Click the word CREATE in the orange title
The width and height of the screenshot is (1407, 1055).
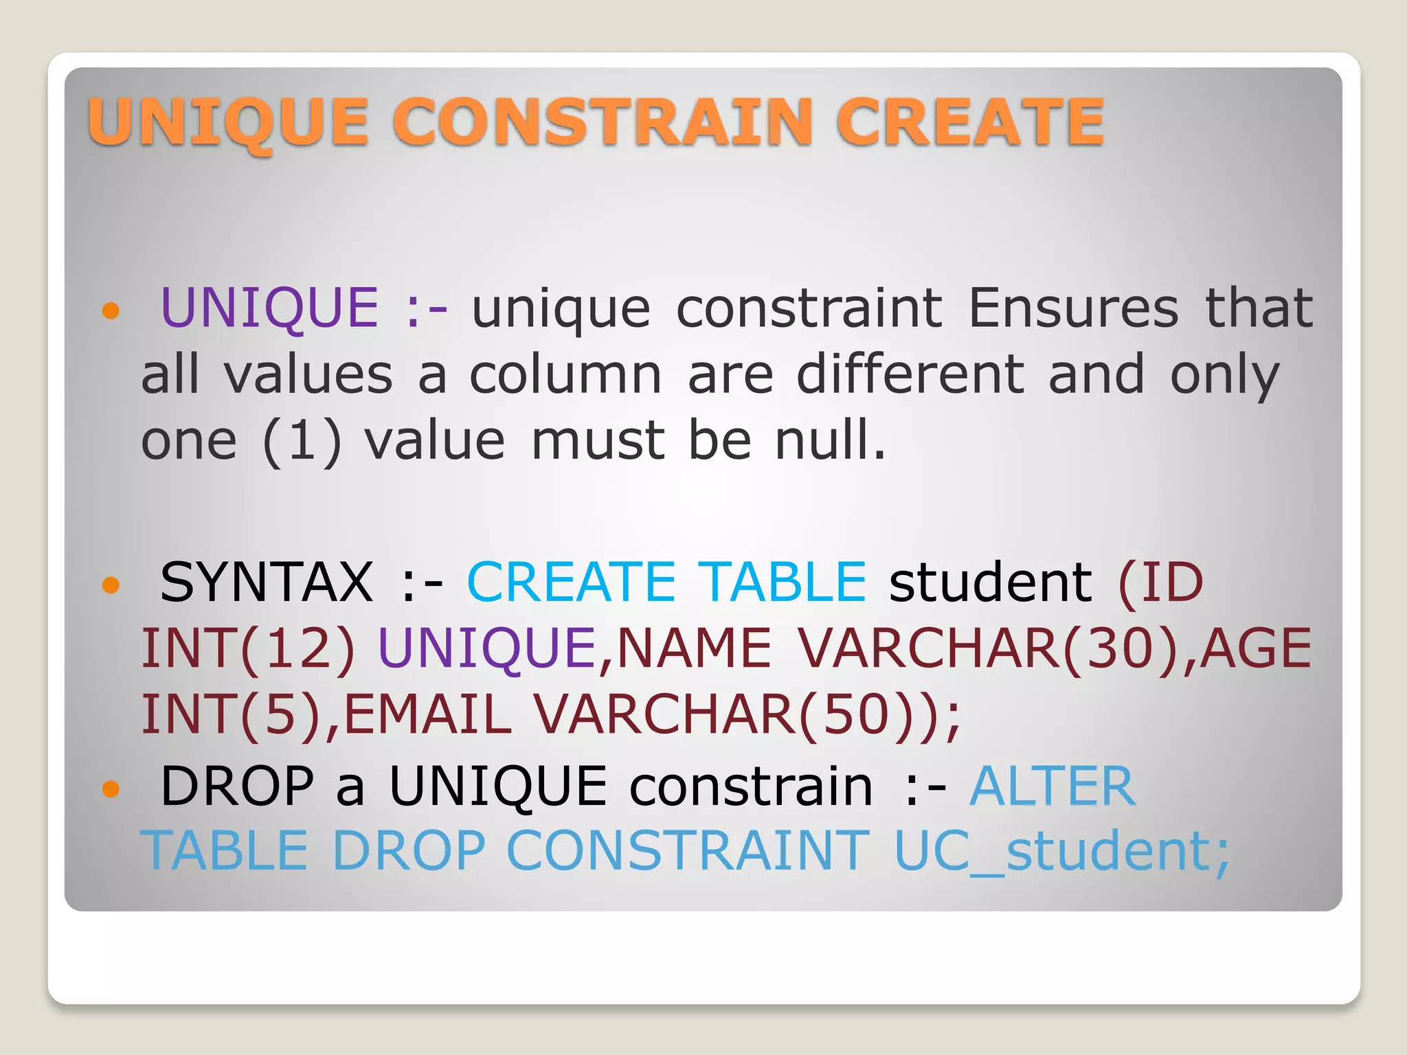tap(970, 122)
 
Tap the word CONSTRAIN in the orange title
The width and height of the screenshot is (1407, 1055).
tap(603, 122)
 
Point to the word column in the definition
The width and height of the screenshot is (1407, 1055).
tap(565, 375)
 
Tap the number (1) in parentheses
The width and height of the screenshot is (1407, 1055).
tap(302, 441)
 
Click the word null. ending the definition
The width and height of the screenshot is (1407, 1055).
tap(831, 441)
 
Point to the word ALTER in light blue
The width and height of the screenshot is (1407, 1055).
tap(1053, 786)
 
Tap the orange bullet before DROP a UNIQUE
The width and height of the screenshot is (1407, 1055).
tap(111, 789)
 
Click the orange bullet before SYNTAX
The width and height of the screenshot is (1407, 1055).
tap(111, 585)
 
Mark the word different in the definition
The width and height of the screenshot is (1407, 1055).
tap(911, 375)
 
